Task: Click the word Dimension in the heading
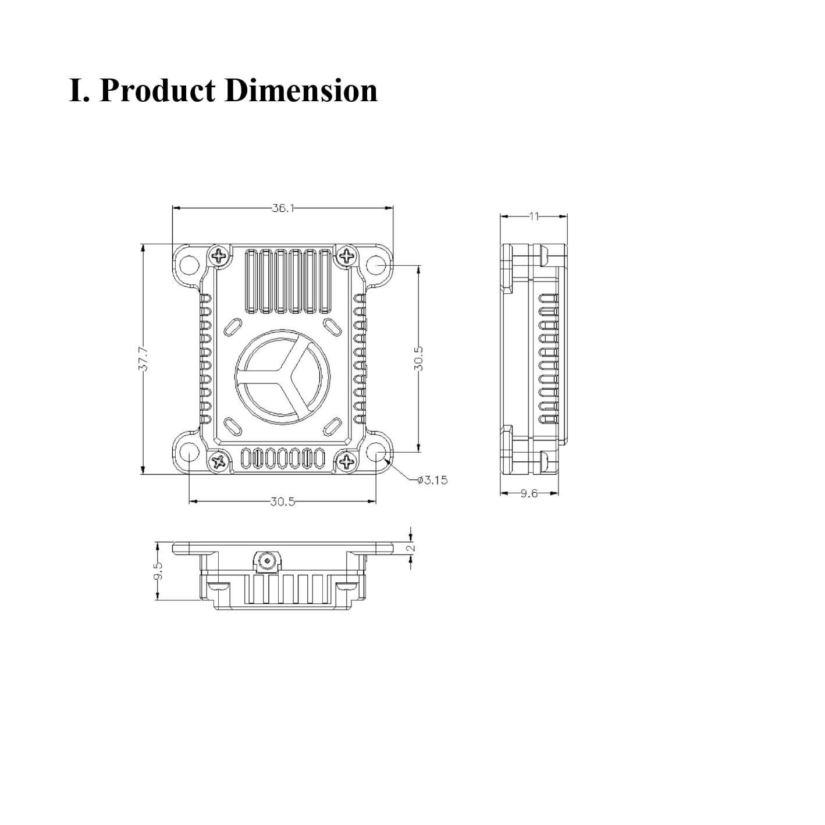click(x=301, y=91)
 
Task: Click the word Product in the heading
click(x=157, y=91)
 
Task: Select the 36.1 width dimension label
click(x=283, y=208)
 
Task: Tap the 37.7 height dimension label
click(x=144, y=359)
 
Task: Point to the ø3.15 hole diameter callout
click(x=432, y=480)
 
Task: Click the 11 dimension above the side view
click(x=534, y=216)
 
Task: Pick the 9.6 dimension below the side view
click(x=529, y=493)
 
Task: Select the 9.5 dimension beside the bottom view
click(x=158, y=571)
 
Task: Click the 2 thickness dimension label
click(x=412, y=548)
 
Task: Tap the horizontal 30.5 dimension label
click(x=283, y=502)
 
